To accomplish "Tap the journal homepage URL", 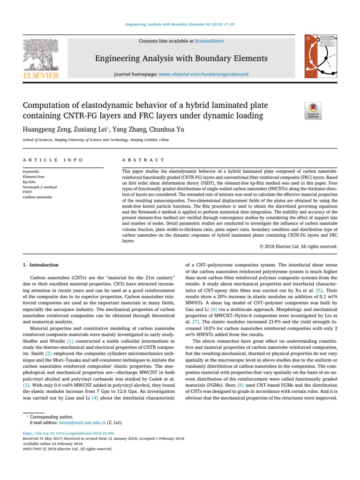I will point(203,74).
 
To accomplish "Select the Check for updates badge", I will point(313,111).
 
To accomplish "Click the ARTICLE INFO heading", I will point(52,160).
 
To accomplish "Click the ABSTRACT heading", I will point(143,160).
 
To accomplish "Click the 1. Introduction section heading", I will point(41,265).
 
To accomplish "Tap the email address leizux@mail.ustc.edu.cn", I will point(72,422).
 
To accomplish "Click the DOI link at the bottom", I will point(68,434).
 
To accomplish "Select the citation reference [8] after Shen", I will point(240,385).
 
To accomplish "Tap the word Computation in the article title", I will point(49,105).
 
